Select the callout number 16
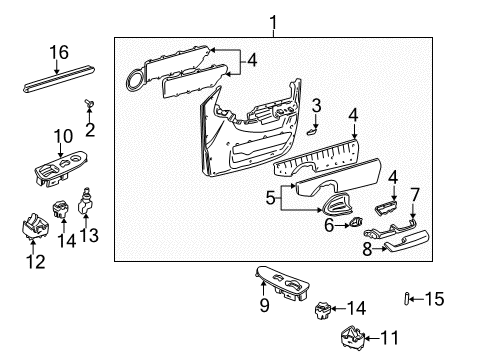(59, 52)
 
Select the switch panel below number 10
(53, 171)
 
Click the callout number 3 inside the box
(315, 105)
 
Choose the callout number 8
(367, 249)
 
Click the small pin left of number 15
(408, 297)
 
